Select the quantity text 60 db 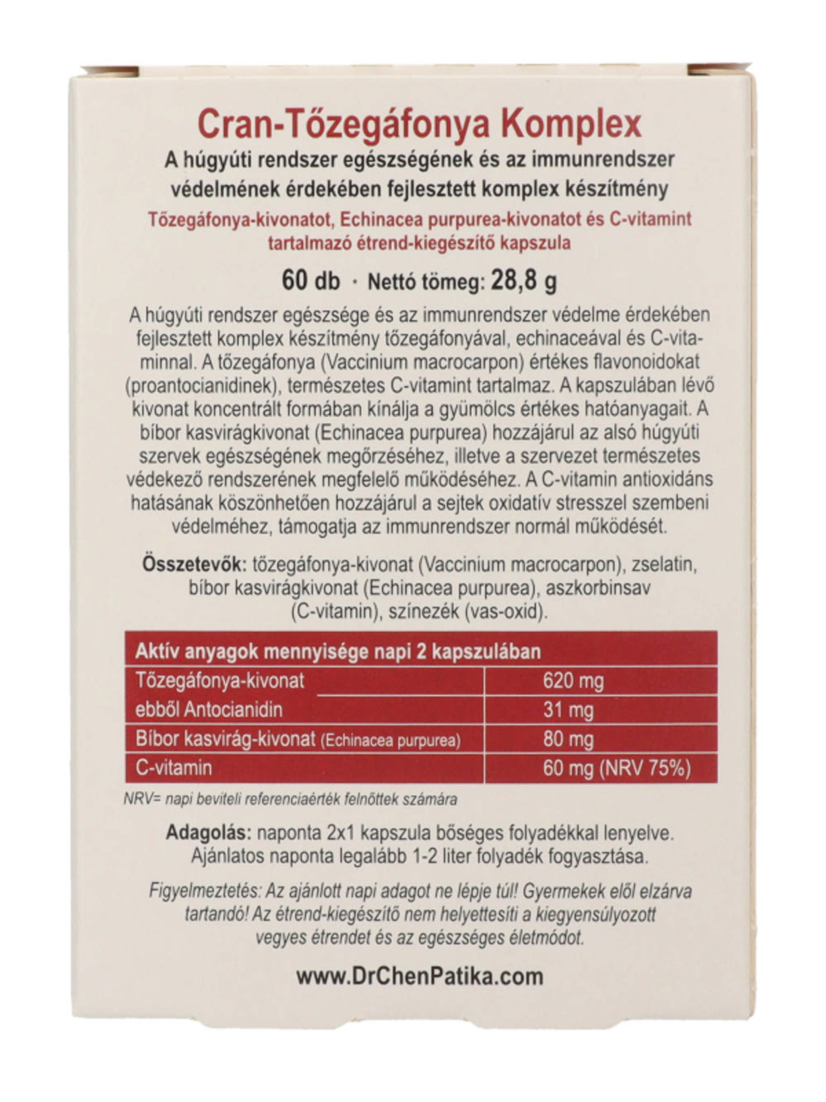[311, 281]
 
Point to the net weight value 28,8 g [523, 281]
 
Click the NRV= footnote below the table [290, 800]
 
